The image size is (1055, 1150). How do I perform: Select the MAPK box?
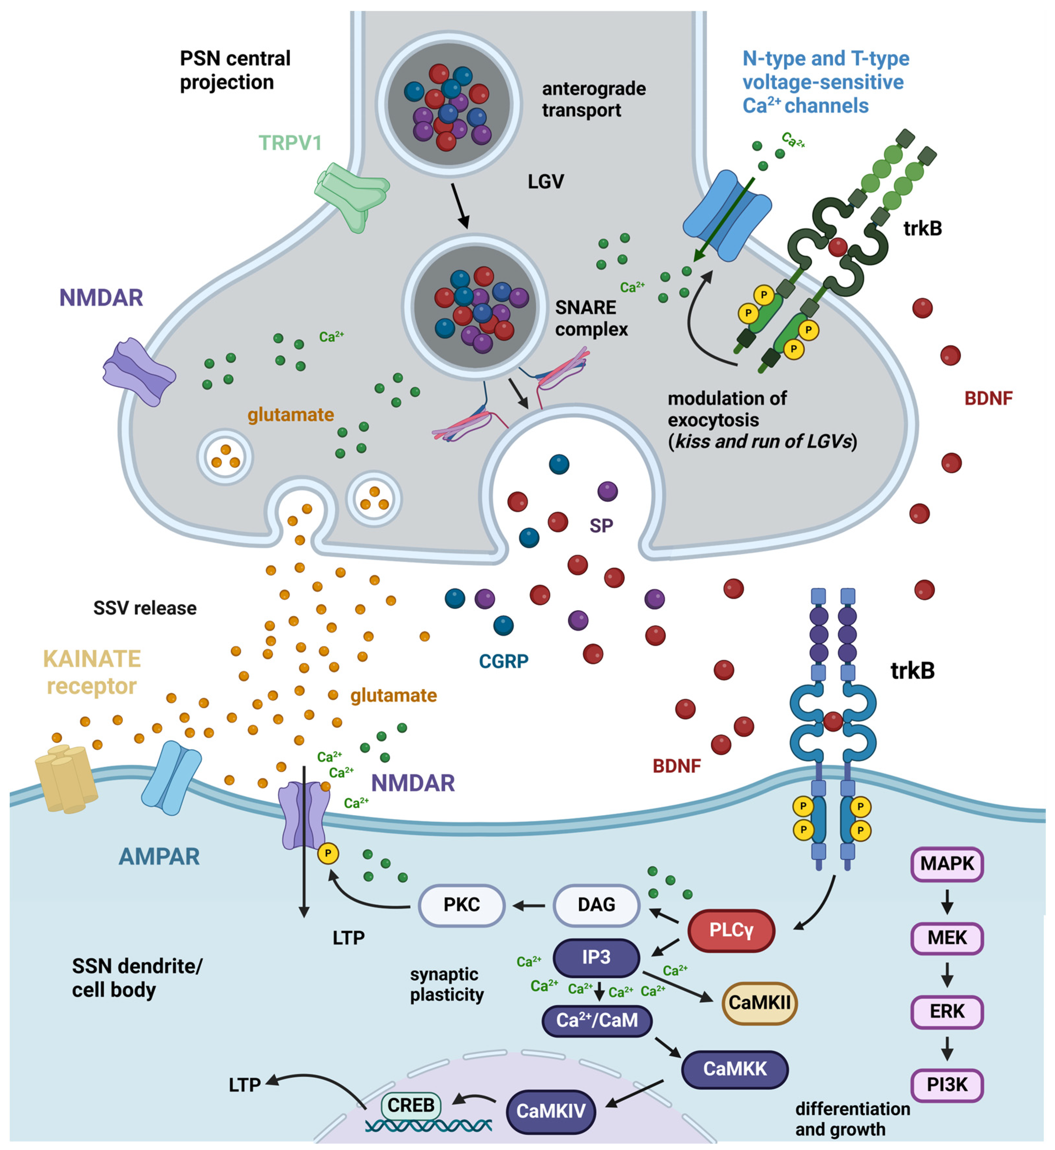coord(947,863)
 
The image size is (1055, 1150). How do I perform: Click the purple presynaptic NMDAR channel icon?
coord(139,372)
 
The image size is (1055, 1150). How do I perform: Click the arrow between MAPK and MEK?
coord(947,901)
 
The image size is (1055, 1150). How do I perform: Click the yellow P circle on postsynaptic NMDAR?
coord(328,854)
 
